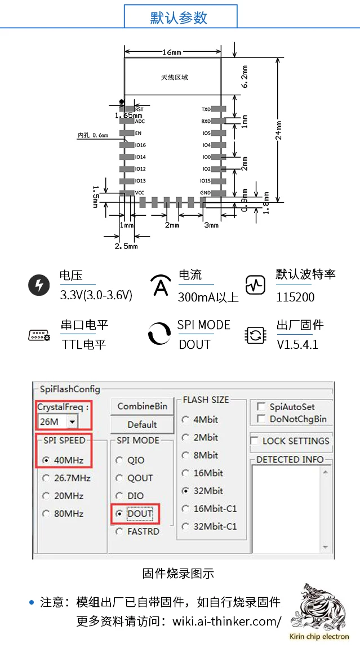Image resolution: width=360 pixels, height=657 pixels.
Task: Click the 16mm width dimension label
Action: point(172,52)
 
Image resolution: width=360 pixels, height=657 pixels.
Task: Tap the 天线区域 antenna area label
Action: point(174,77)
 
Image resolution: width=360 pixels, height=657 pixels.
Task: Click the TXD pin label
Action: point(206,109)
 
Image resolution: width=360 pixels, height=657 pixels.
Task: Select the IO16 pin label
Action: point(140,145)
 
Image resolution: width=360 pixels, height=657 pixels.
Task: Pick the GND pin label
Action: point(206,193)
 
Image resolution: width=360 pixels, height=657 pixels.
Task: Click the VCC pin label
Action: point(140,193)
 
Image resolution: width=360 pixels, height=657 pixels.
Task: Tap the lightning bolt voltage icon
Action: point(39,286)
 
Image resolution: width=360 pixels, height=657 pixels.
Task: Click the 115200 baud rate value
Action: point(295,297)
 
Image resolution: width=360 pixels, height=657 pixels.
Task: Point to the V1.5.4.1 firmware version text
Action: point(297,344)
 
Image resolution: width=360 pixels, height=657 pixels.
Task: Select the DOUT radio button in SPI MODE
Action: point(119,513)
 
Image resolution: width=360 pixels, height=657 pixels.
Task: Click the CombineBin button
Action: point(142,406)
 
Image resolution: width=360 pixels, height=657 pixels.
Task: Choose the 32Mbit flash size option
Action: point(185,490)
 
